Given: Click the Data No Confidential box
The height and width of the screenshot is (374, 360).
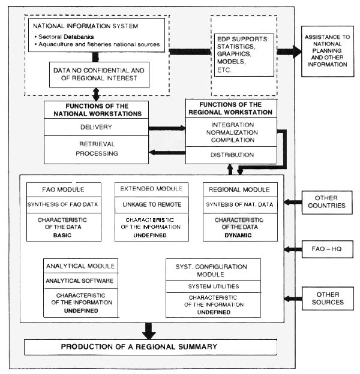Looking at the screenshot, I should [x=99, y=74].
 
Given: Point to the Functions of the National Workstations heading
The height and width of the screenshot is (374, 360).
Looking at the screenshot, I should [x=96, y=109].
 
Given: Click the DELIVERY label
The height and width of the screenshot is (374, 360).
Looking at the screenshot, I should [x=96, y=126].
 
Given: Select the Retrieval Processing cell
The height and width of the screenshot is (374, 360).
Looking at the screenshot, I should [x=96, y=149].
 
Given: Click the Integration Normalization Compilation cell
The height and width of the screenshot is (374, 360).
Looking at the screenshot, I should [x=231, y=132].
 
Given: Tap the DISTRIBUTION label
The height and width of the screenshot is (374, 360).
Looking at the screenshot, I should [x=231, y=155].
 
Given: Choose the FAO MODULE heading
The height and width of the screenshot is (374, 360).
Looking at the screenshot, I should [x=64, y=189].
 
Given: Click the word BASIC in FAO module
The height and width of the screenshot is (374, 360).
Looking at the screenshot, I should [x=64, y=234].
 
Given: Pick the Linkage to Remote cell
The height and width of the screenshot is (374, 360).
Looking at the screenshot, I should [x=152, y=204].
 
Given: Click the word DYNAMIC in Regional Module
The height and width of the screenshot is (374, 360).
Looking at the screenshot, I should [x=240, y=235].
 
